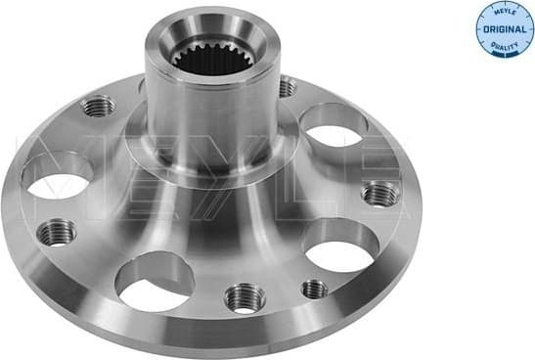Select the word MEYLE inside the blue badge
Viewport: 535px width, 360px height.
(x=502, y=15)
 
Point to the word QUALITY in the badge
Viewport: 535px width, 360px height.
(x=502, y=44)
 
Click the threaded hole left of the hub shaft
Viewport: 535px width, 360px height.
(x=99, y=106)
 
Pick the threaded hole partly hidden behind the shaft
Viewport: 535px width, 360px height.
(x=286, y=88)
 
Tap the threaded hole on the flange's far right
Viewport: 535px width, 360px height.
(x=379, y=193)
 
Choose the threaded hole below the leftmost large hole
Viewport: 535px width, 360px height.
(x=57, y=232)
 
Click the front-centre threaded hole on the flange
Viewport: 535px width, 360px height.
(x=244, y=296)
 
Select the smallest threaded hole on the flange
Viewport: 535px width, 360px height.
(x=314, y=289)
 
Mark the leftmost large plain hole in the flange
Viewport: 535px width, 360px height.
(x=57, y=176)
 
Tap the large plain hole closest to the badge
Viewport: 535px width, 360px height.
(x=333, y=125)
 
